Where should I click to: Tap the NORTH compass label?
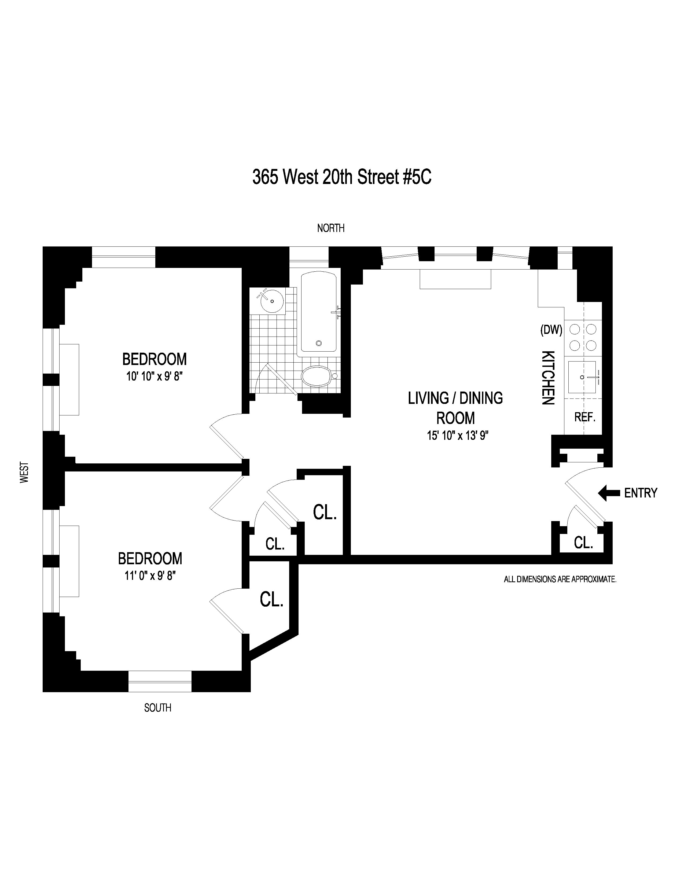[x=331, y=228]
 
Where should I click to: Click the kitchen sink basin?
[x=582, y=377]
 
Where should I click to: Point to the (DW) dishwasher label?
[x=551, y=330]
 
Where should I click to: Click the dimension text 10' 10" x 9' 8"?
[x=155, y=377]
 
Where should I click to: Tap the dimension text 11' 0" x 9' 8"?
[x=150, y=576]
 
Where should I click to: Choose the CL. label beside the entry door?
[x=583, y=543]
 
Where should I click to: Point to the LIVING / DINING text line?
[x=455, y=398]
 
